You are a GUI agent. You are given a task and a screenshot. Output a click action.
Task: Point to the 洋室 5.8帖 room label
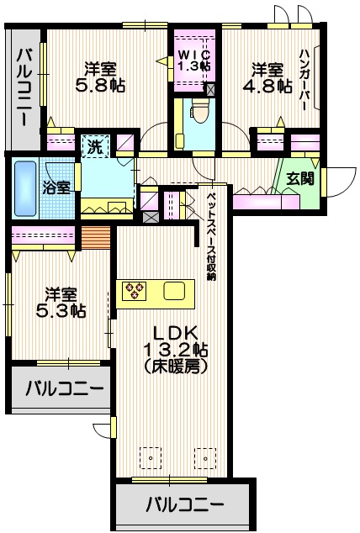pyautogui.click(x=96, y=77)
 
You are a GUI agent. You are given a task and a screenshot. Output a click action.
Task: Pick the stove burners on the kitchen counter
pyautogui.click(x=134, y=291)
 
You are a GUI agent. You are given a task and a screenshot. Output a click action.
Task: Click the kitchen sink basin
pyautogui.click(x=173, y=291)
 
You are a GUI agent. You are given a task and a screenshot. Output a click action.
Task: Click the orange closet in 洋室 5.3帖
pyautogui.click(x=96, y=237)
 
